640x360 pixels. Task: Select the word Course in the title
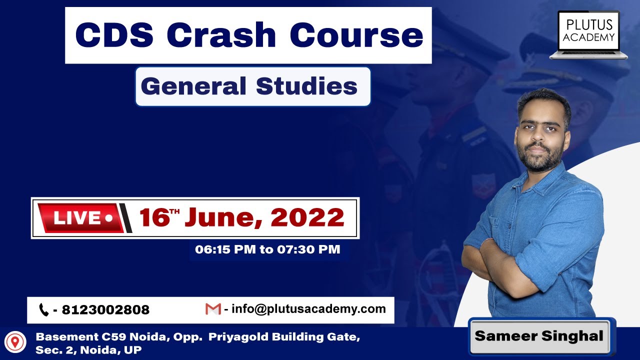[x=356, y=35]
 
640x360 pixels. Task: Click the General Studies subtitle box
[x=252, y=86]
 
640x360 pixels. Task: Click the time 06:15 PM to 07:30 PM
[x=268, y=249]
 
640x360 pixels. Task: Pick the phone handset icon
[x=44, y=310]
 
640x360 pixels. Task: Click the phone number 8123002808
[x=105, y=310]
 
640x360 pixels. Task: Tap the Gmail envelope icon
[x=213, y=309]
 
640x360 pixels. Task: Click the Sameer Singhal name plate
[x=539, y=336]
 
